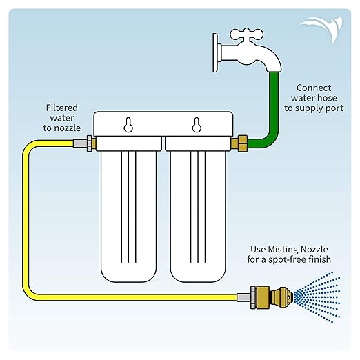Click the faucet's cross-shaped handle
click(246, 34)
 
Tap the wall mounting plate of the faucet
click(215, 53)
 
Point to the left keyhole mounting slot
click(128, 125)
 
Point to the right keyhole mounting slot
click(197, 125)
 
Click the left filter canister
click(128, 216)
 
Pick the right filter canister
click(198, 216)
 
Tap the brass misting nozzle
click(272, 297)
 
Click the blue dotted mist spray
click(317, 297)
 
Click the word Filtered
click(62, 108)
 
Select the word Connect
click(314, 88)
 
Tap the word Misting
click(283, 250)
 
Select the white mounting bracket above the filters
click(163, 124)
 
